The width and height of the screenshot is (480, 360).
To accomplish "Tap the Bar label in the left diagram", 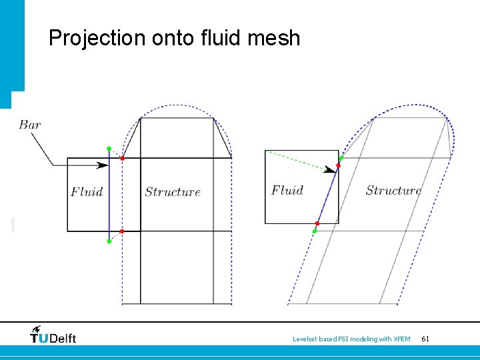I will [x=30, y=125].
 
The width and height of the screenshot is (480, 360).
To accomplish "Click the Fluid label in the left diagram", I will [x=87, y=192].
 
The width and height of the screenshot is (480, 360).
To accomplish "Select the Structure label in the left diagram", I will [x=173, y=192].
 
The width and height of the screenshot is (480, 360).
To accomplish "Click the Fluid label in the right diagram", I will [x=287, y=190].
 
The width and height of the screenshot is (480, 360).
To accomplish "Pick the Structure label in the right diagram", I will [x=393, y=190].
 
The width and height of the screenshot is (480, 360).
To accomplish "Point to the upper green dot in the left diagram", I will [x=109, y=149].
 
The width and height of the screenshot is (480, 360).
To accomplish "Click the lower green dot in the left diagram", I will [x=109, y=241].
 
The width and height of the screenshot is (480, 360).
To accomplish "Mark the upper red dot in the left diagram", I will [x=122, y=157].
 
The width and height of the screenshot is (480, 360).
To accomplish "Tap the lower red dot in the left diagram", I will [x=122, y=231].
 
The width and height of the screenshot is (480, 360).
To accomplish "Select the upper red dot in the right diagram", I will [x=338, y=165].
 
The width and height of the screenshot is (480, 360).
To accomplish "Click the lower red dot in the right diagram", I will [x=317, y=223].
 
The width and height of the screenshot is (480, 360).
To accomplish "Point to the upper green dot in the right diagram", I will [x=341, y=158].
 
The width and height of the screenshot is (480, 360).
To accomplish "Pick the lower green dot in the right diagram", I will [x=315, y=231].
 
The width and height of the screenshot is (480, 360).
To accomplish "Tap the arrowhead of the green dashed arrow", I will [x=330, y=170].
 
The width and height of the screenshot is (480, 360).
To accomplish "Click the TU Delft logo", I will [x=53, y=335].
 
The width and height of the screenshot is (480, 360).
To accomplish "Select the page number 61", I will [x=425, y=339].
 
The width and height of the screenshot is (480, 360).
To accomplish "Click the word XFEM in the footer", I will [x=402, y=339].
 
